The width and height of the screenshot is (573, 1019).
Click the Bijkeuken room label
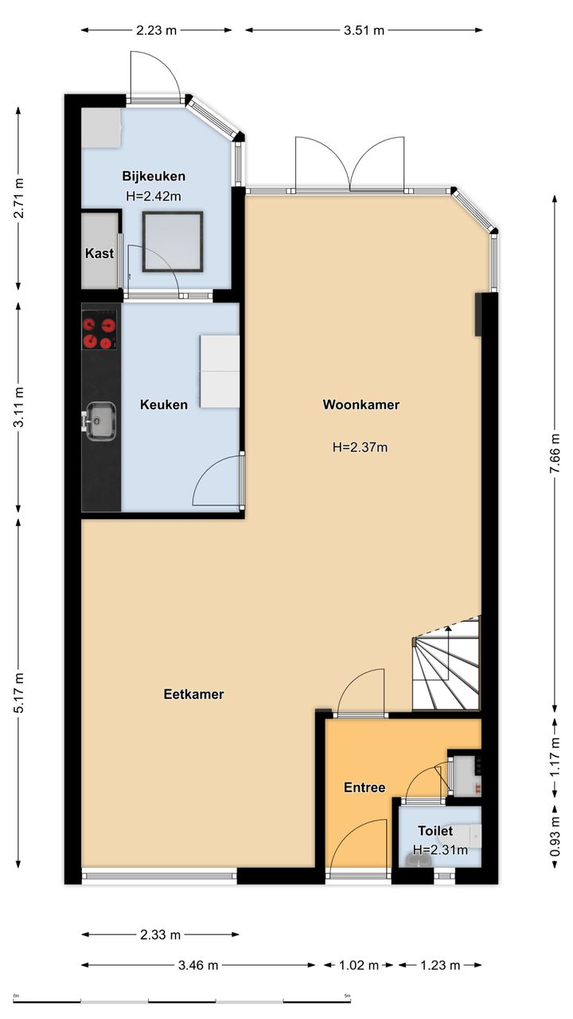154,176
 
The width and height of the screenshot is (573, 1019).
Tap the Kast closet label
99,253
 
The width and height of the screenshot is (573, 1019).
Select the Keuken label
164,404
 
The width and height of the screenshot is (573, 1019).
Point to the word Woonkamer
361,404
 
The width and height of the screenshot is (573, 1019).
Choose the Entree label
364,787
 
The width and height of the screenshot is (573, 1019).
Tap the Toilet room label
435,831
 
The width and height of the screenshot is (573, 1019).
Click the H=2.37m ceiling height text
361,447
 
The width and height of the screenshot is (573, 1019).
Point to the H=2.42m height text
154,197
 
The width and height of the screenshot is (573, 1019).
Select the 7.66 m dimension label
555,454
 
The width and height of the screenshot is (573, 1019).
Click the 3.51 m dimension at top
364,30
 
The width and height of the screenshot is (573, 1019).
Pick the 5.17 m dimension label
18,693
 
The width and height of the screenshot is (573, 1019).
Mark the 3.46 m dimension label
198,965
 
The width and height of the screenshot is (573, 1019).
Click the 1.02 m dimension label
359,965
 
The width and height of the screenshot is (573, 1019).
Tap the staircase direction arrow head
448,629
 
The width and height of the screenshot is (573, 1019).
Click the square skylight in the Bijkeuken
173,241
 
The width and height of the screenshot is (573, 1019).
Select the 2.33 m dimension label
160,935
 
